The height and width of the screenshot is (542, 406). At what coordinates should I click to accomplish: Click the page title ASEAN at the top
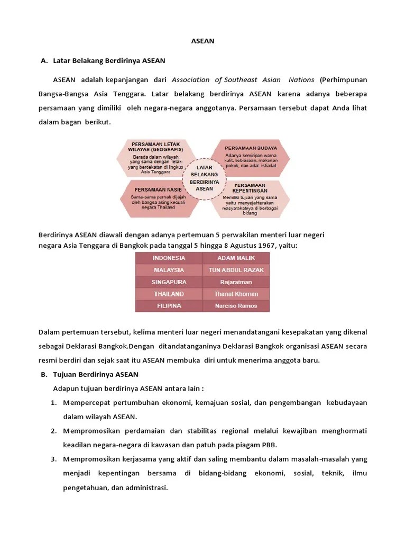tap(202, 41)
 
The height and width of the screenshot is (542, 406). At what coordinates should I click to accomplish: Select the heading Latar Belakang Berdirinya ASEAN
tap(109, 60)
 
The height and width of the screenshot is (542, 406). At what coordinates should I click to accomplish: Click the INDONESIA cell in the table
tap(169, 258)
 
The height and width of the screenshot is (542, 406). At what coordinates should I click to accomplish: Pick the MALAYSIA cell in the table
tap(169, 270)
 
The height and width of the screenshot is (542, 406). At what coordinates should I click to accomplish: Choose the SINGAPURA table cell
tap(169, 282)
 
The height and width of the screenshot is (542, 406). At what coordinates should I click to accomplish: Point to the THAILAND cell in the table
tap(169, 294)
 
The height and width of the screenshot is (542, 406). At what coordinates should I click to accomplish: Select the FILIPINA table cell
tap(169, 306)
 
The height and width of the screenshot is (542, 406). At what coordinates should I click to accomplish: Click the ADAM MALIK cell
tap(236, 258)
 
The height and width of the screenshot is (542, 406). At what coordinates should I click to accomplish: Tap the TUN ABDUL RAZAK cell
tap(236, 270)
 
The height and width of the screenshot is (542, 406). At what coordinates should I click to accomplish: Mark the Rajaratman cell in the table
tap(236, 282)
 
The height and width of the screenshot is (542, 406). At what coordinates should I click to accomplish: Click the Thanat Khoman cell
tap(236, 294)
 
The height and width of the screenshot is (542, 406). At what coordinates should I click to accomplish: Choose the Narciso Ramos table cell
tap(236, 306)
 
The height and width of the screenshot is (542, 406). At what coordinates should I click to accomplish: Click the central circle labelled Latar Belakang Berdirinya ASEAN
tap(204, 177)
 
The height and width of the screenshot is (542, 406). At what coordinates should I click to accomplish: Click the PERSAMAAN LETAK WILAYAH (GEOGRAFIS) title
tap(155, 147)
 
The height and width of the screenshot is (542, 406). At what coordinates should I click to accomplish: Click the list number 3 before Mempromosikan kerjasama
tap(54, 458)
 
